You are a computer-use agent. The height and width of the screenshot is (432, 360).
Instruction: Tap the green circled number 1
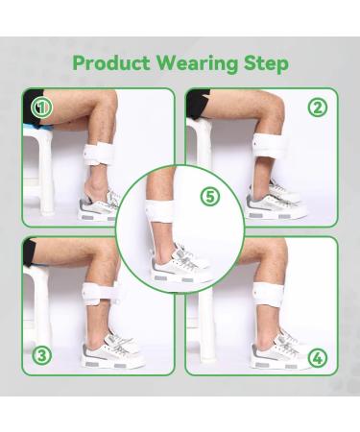(x=40, y=108)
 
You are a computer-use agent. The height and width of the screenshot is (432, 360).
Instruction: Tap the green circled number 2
(x=318, y=107)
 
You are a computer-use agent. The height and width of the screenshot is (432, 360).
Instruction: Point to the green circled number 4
(x=318, y=359)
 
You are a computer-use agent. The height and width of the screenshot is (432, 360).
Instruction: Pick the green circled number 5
(x=210, y=196)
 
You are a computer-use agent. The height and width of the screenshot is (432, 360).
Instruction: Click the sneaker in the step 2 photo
(x=274, y=202)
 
